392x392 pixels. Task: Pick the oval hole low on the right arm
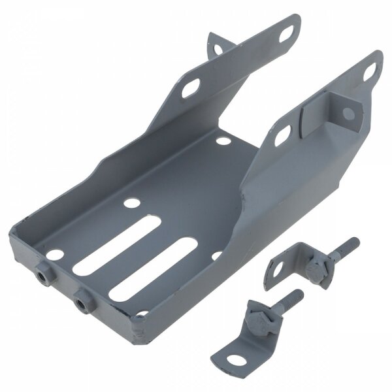pyautogui.click(x=282, y=134)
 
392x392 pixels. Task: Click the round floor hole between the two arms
pyautogui.click(x=223, y=140)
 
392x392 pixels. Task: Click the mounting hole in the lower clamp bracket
pyautogui.click(x=237, y=360)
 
